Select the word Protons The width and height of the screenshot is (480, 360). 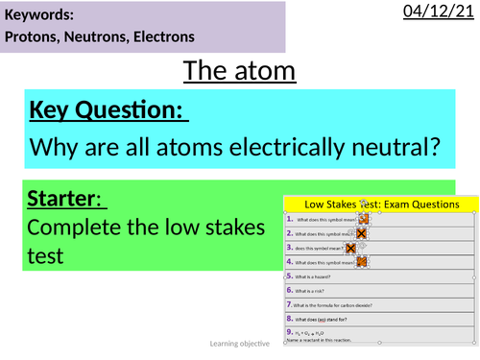(36, 37)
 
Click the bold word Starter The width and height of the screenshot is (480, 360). (65, 201)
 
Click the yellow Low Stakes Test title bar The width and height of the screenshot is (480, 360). (381, 204)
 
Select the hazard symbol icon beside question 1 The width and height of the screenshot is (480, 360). (364, 219)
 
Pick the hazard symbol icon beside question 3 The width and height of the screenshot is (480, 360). (352, 247)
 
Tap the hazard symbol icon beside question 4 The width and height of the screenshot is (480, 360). (364, 260)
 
